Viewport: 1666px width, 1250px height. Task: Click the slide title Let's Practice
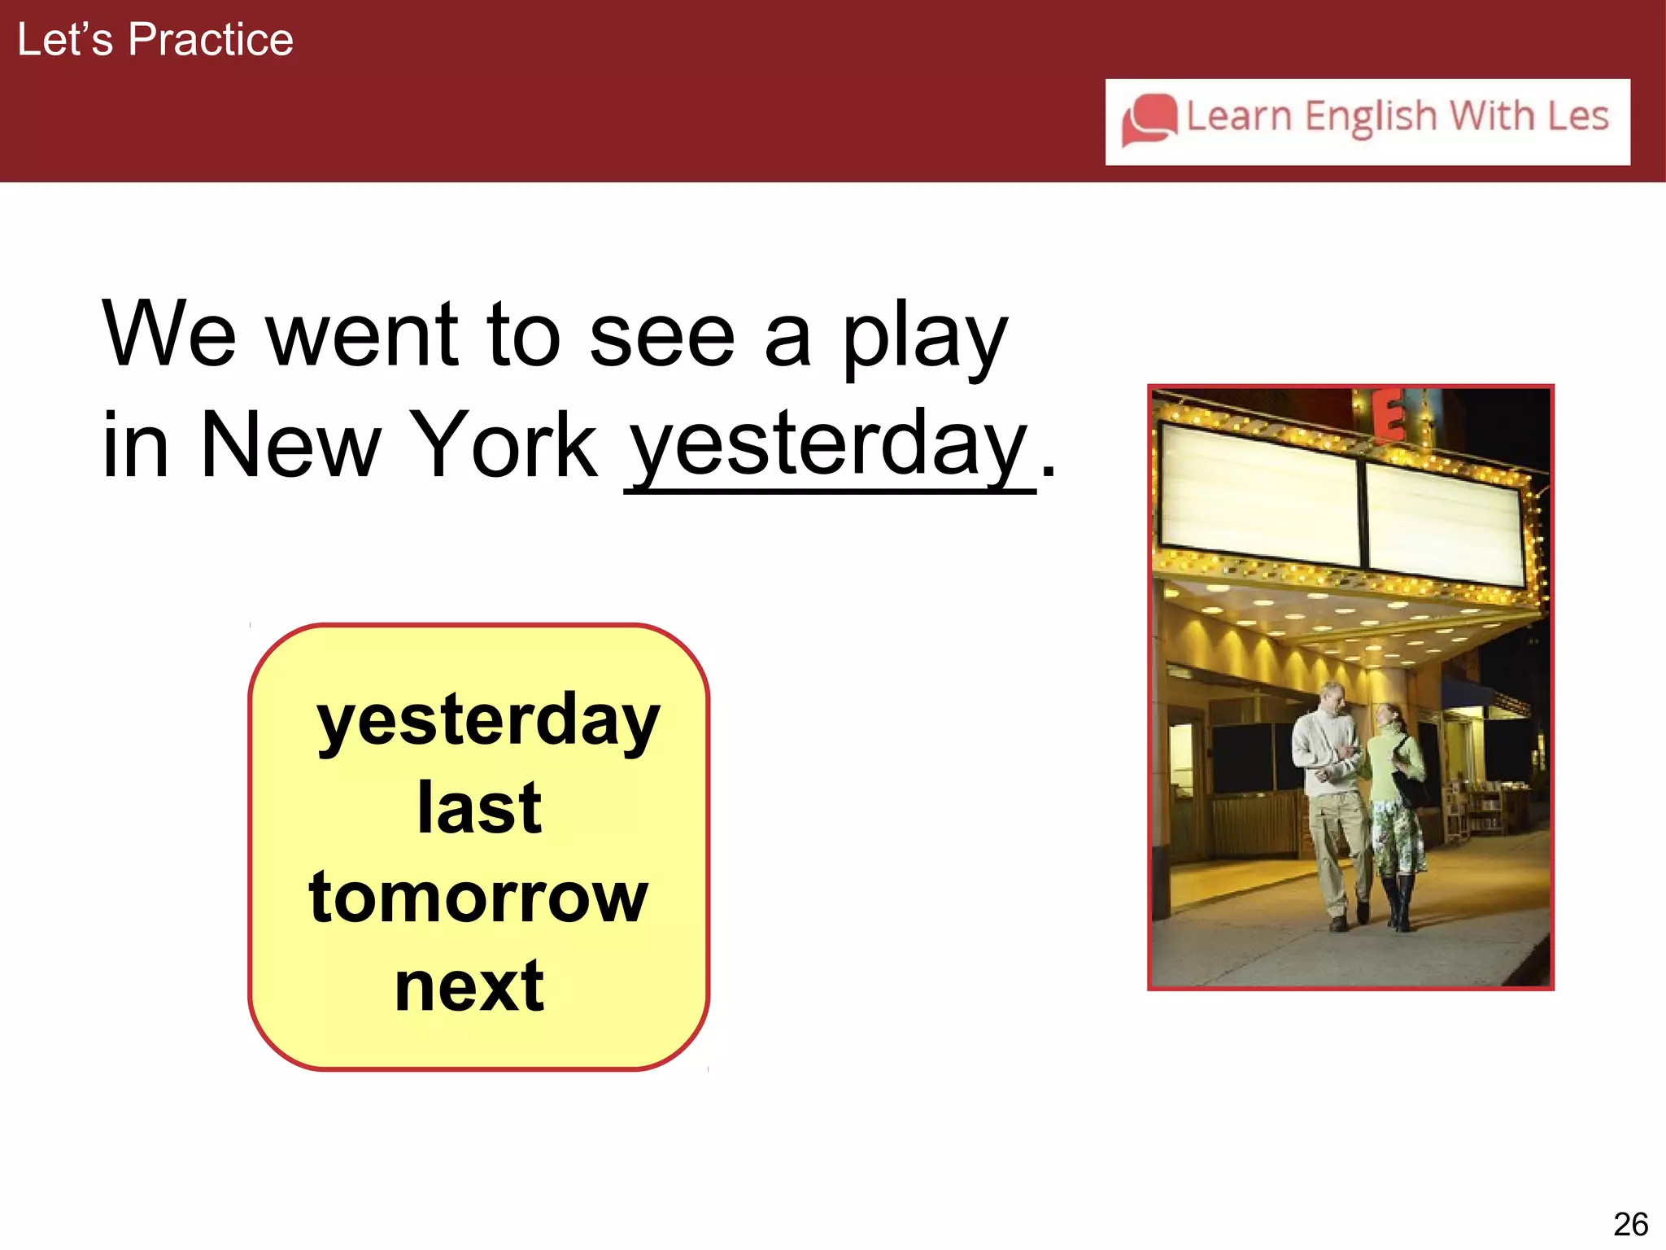point(155,39)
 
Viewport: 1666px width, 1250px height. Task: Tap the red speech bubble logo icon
point(1149,120)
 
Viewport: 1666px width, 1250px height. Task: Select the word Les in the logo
point(1577,116)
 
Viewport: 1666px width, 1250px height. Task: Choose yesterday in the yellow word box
point(488,721)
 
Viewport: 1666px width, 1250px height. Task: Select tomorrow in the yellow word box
point(478,898)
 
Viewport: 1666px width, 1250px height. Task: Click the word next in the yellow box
point(469,987)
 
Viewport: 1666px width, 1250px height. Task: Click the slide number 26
point(1629,1224)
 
